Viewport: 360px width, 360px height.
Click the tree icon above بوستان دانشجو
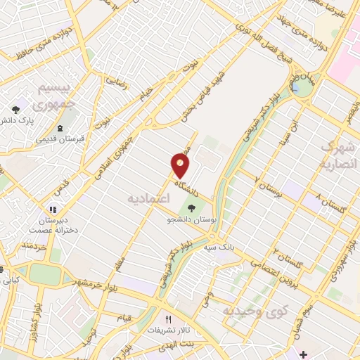(191, 208)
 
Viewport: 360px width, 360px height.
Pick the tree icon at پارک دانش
(15, 109)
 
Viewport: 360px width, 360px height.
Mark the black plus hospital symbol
(302, 353)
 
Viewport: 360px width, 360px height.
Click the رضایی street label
(116, 82)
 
